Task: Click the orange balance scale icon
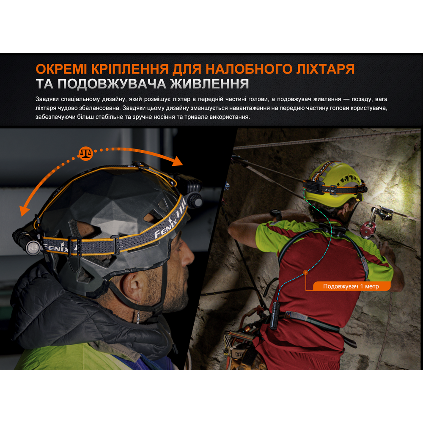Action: point(86,154)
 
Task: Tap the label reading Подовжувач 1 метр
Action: point(351,286)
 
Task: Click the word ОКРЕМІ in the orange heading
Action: point(61,69)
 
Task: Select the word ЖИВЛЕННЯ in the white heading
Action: point(209,84)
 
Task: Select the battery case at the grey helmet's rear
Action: point(27,241)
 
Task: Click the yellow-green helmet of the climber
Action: point(336,184)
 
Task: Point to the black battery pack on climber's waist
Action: point(274,316)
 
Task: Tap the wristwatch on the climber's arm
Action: point(276,215)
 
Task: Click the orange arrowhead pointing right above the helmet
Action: point(177,161)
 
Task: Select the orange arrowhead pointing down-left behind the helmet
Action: point(25,210)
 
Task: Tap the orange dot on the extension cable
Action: point(306,272)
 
